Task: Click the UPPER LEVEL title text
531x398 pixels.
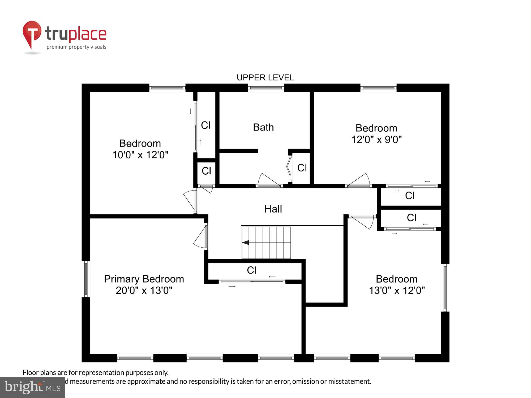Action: (x=265, y=77)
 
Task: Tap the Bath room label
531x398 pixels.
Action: (x=263, y=127)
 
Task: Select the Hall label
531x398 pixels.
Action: (x=273, y=209)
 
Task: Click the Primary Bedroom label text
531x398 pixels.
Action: (x=144, y=279)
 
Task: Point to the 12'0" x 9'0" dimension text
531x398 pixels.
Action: (x=376, y=140)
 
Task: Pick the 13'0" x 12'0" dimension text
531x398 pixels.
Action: (x=397, y=291)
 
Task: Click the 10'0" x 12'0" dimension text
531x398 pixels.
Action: (x=140, y=155)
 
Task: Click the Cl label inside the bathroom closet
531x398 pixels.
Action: (x=302, y=168)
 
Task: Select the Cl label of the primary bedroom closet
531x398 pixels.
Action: (x=251, y=270)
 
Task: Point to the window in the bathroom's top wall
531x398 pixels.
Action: (x=266, y=88)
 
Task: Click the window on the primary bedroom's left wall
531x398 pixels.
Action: (x=86, y=279)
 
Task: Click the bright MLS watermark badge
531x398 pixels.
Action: (x=32, y=387)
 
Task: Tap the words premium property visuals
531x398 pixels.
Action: (x=76, y=47)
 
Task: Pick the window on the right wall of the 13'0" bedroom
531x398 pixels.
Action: (x=445, y=288)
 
